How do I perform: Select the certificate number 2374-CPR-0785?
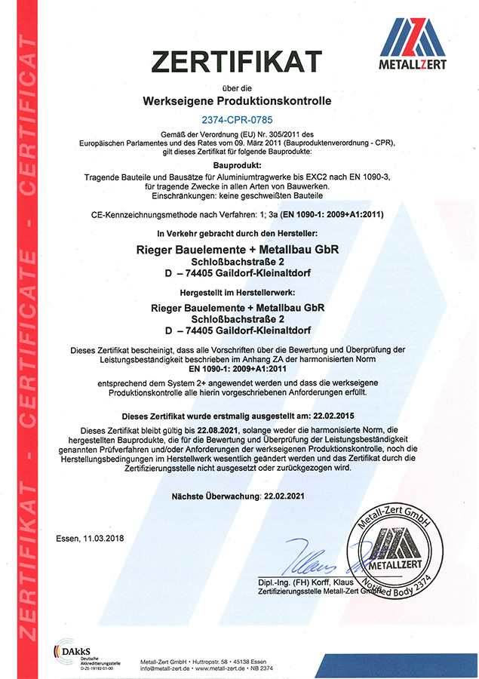pyautogui.click(x=238, y=119)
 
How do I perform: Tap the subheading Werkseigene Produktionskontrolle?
pyautogui.click(x=238, y=100)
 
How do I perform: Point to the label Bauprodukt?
pyautogui.click(x=238, y=164)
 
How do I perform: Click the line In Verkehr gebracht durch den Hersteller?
pyautogui.click(x=238, y=235)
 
